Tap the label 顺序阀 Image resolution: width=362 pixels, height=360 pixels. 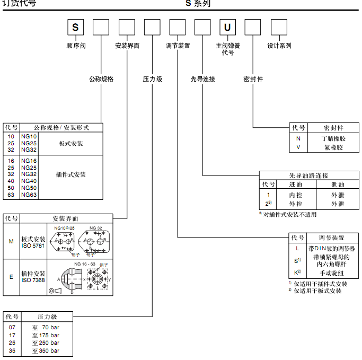coord(75,46)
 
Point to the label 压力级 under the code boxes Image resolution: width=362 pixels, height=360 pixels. coord(153,80)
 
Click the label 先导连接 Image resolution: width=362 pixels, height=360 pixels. coord(203,80)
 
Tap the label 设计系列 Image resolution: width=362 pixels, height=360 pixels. coord(279,46)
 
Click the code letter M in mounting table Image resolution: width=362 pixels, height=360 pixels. coord(11,241)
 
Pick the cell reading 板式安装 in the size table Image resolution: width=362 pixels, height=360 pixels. coord(70,144)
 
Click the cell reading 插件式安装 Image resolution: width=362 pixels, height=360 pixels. coord(70,174)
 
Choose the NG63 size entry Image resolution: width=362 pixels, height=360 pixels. coord(29,195)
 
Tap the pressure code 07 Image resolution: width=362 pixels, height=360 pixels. coord(12,328)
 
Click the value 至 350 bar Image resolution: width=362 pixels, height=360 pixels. coord(46,351)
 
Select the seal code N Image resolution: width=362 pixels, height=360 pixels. coord(298,138)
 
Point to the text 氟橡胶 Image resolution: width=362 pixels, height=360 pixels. coord(333,147)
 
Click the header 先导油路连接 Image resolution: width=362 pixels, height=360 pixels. coord(308,175)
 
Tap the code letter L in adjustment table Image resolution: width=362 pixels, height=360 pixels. coord(297,248)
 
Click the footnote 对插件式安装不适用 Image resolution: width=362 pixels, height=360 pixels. coord(289,215)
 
